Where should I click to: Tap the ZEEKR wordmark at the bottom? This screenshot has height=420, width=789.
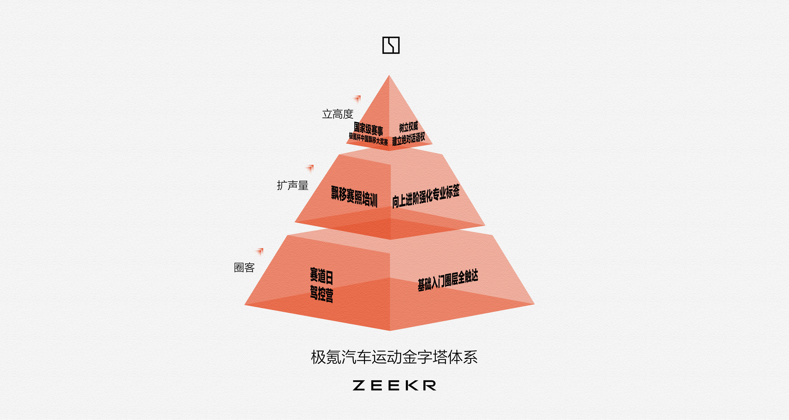(x=394, y=385)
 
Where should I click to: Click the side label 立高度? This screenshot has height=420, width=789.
(x=338, y=114)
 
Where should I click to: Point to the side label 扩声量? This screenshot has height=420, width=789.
(x=293, y=185)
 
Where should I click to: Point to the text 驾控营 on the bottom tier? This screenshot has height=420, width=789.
(x=321, y=294)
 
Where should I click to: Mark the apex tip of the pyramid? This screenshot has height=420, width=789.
(x=389, y=75)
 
